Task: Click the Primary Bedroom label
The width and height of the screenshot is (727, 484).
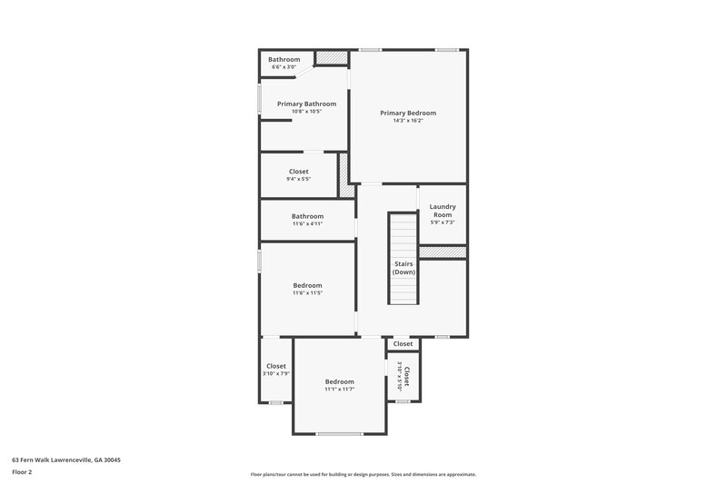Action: (x=408, y=113)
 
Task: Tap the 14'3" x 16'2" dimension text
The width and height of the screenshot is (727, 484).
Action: (x=408, y=121)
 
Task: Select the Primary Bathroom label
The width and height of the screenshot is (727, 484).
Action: (x=306, y=104)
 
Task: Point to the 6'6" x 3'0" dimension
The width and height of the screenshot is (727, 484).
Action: (x=284, y=67)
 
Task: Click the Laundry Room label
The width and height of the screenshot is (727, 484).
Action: (x=443, y=210)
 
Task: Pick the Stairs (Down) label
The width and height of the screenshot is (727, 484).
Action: (x=403, y=268)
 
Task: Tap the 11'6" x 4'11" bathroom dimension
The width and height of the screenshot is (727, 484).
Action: (x=307, y=223)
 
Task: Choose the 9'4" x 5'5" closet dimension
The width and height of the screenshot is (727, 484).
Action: (x=299, y=179)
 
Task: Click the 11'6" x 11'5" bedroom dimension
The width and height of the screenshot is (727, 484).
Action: (x=307, y=293)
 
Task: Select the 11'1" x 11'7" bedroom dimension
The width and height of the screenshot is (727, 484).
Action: (x=339, y=390)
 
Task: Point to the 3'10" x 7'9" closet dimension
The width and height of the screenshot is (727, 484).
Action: (x=276, y=373)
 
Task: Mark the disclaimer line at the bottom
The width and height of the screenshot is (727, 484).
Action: (x=363, y=474)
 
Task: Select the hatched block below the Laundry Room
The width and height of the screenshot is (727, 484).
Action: (x=443, y=252)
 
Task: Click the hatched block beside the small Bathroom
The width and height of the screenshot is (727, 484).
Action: (x=332, y=58)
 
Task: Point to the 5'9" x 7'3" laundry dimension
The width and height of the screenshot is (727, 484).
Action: (x=443, y=222)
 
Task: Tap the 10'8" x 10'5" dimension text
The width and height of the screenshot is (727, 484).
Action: (x=306, y=112)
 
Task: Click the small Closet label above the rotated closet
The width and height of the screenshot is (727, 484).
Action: (x=403, y=344)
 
